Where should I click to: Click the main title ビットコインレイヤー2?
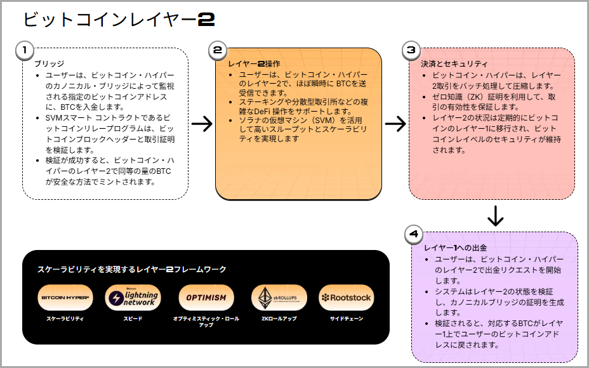click(119, 19)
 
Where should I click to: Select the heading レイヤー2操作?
click(254, 64)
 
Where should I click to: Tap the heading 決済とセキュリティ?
click(454, 64)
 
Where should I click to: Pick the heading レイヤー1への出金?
click(456, 247)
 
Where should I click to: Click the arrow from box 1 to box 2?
click(202, 124)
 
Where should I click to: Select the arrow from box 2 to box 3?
click(395, 124)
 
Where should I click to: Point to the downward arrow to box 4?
click(495, 216)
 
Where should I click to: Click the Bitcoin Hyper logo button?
click(64, 297)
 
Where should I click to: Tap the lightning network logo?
click(132, 297)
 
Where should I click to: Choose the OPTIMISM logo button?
click(206, 297)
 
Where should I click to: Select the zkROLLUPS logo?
click(279, 297)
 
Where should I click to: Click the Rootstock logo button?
click(346, 297)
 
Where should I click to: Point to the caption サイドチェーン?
click(346, 318)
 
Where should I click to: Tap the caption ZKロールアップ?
click(279, 318)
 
